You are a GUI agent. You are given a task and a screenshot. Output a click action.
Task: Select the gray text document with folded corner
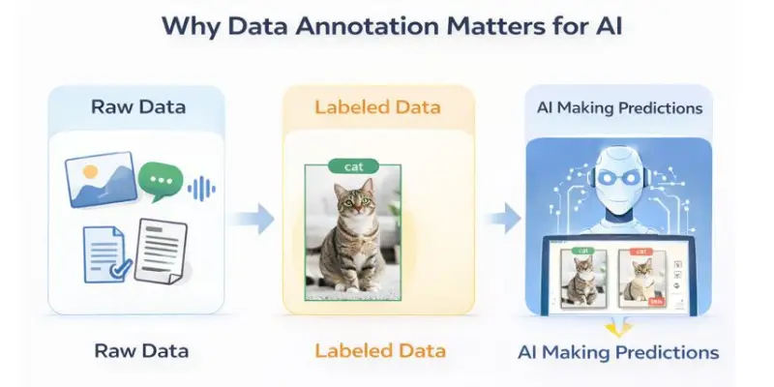pyautogui.click(x=161, y=250)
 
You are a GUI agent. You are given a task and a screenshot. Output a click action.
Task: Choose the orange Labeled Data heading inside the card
pyautogui.click(x=378, y=106)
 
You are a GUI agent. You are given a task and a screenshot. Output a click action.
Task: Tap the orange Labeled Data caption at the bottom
pyautogui.click(x=379, y=350)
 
